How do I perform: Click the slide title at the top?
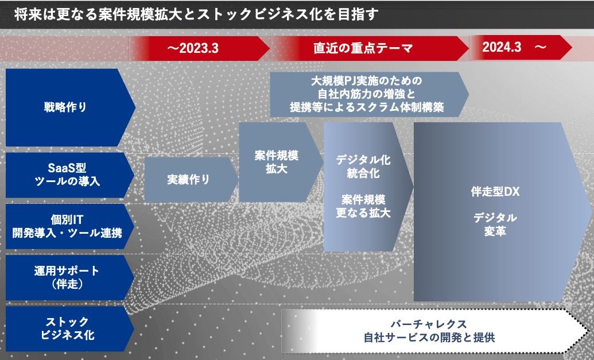(196, 15)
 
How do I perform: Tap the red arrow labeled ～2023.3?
(199, 48)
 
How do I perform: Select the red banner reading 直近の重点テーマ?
(370, 48)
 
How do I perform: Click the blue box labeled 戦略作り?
(70, 107)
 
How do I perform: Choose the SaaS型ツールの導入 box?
(70, 175)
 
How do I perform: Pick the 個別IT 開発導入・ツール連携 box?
(70, 226)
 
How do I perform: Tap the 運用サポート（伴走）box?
(70, 277)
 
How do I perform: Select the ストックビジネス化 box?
(70, 328)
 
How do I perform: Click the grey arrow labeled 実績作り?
(191, 179)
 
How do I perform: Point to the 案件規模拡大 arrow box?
(281, 162)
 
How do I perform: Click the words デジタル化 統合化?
(363, 167)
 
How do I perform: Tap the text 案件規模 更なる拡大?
(363, 206)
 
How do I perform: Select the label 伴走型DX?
(495, 192)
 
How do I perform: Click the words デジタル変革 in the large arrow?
(495, 224)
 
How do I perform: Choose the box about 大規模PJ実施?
(370, 94)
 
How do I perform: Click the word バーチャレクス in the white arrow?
(429, 324)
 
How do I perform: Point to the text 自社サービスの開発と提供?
(429, 337)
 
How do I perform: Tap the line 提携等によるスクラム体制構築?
(367, 107)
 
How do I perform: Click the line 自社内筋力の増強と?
(366, 94)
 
